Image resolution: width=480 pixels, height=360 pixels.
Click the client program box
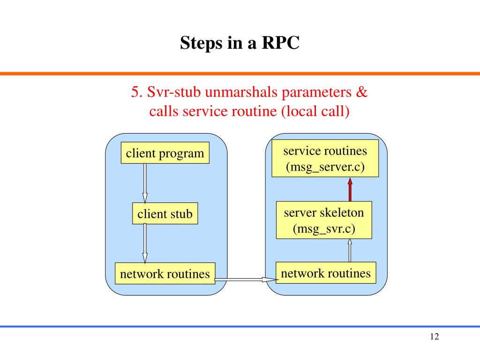point(165,153)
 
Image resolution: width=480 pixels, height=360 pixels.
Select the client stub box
point(165,213)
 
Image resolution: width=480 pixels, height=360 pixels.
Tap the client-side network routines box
point(165,273)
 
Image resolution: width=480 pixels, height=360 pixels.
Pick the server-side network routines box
point(326,273)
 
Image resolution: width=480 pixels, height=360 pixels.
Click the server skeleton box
point(324,220)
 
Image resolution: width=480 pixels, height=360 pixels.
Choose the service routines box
point(325,158)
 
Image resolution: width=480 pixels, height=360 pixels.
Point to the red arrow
point(350,189)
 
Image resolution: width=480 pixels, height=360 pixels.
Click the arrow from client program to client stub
point(145,183)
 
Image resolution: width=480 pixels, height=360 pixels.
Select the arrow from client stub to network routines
point(145,243)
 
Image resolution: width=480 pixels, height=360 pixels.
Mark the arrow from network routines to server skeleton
point(350,250)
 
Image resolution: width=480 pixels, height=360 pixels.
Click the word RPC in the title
point(281,43)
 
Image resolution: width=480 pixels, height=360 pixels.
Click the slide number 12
point(435,337)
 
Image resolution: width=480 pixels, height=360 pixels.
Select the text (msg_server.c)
point(325,167)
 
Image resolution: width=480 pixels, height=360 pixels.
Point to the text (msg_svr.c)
point(324,229)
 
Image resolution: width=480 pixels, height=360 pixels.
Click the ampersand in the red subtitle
point(361,92)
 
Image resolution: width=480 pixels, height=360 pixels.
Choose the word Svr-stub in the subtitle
point(174,92)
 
